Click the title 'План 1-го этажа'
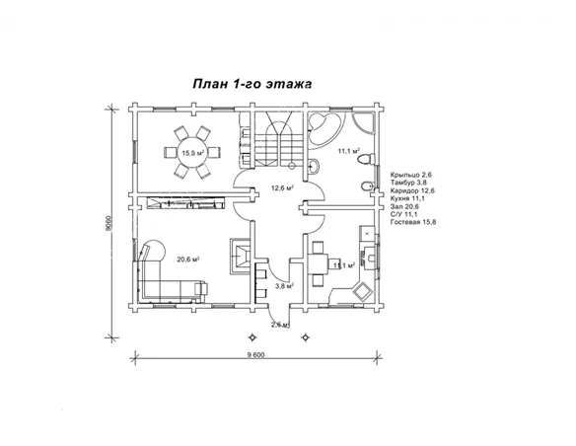click(x=252, y=84)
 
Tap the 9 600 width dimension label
click(x=255, y=355)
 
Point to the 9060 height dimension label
click(x=108, y=223)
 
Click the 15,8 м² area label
click(x=193, y=152)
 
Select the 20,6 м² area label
click(x=188, y=260)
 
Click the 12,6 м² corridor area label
click(x=282, y=188)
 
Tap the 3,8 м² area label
click(x=284, y=285)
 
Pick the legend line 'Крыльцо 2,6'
click(x=410, y=175)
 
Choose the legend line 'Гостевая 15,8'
click(x=413, y=222)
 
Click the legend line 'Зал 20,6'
click(x=404, y=206)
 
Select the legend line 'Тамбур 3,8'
click(x=408, y=183)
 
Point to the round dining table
click(x=192, y=152)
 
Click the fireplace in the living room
click(x=241, y=257)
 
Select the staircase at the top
click(x=278, y=139)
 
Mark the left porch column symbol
click(x=252, y=337)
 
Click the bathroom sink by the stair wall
click(x=313, y=167)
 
